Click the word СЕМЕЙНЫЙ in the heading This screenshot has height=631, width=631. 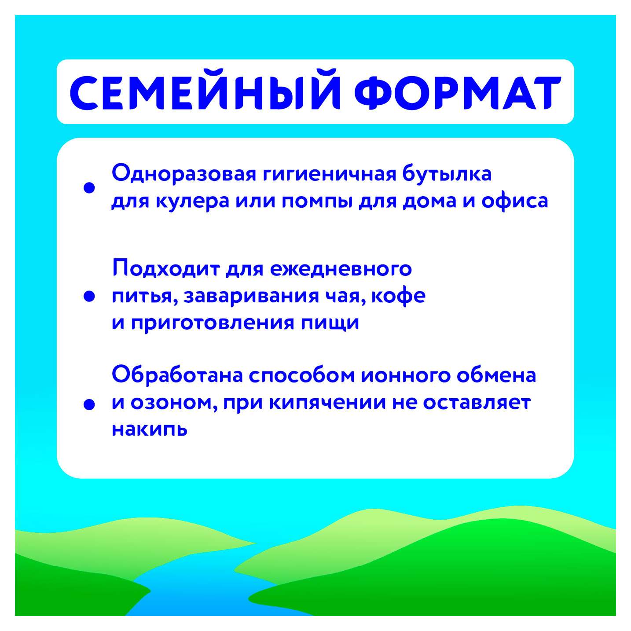pyautogui.click(x=205, y=93)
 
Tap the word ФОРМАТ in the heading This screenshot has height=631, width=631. pyautogui.click(x=458, y=93)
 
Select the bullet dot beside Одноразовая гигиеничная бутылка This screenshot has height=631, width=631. pyautogui.click(x=89, y=188)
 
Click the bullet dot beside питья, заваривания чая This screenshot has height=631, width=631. pyautogui.click(x=89, y=296)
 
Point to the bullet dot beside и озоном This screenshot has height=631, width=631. pyautogui.click(x=89, y=404)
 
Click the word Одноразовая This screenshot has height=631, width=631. pyautogui.click(x=184, y=173)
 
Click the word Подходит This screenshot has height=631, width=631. pyautogui.click(x=166, y=268)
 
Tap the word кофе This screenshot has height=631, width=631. pyautogui.click(x=398, y=295)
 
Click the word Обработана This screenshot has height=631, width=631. pyautogui.click(x=177, y=375)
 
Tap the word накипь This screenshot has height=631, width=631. pyautogui.click(x=150, y=429)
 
